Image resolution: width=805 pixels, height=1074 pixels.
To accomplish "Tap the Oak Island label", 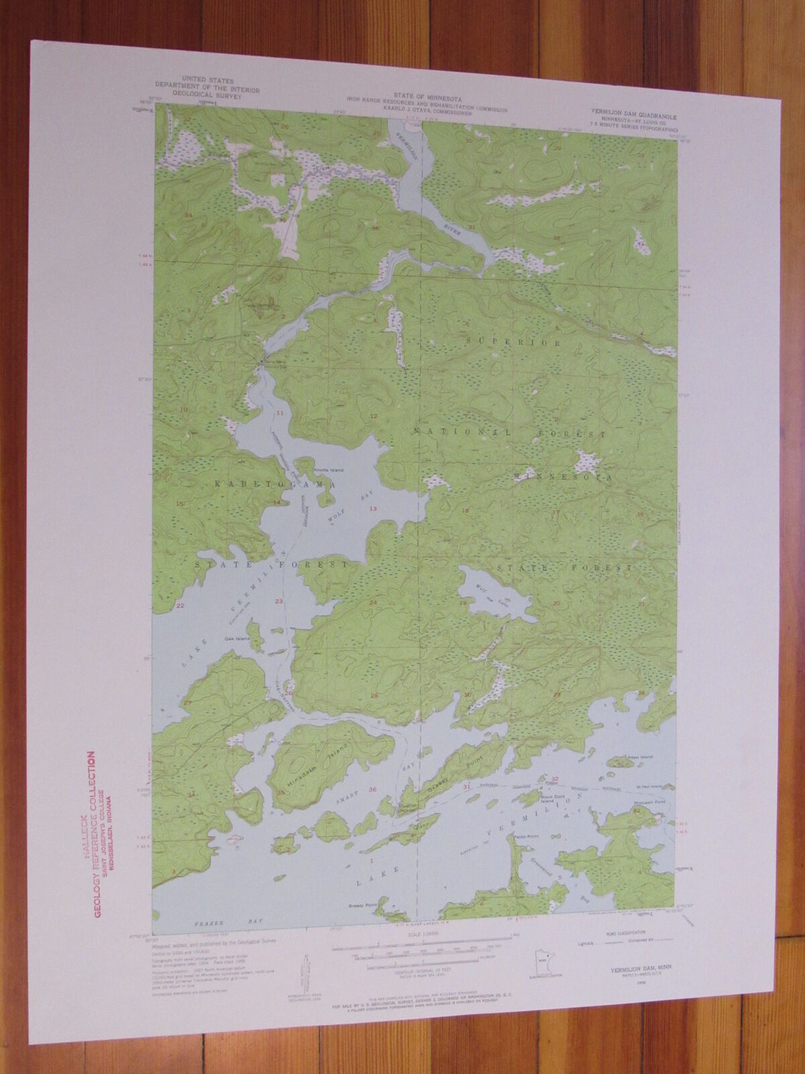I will (x=238, y=638).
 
